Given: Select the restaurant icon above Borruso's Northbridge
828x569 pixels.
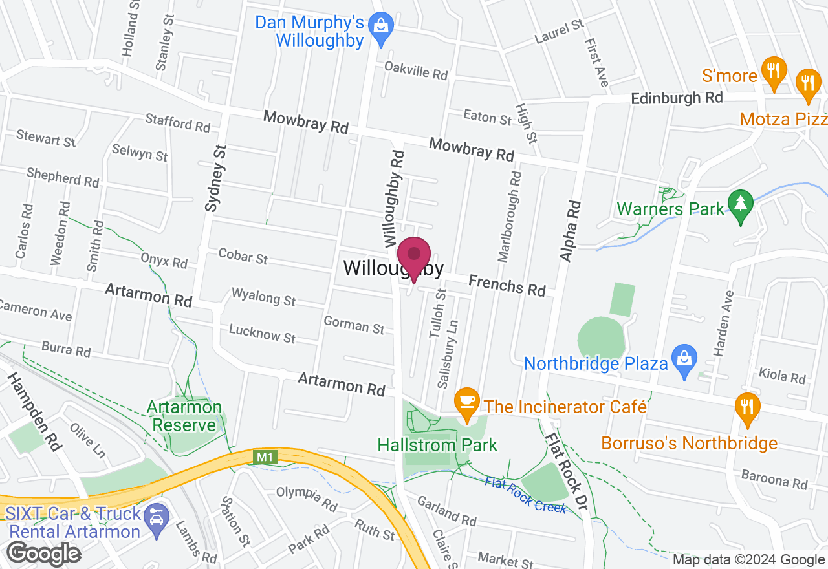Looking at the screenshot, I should [747, 407].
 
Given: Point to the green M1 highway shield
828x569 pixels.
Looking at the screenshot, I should [264, 457].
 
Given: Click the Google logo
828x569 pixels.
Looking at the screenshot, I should [44, 553].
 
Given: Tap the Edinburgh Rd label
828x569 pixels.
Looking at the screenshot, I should [677, 98].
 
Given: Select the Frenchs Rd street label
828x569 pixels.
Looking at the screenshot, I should [507, 284].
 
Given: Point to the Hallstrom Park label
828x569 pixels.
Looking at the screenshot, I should [437, 445].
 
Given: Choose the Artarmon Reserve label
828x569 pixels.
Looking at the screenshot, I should [184, 416].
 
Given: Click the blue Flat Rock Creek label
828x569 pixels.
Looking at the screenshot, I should [526, 495].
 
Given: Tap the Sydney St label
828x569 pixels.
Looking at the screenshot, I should [216, 178].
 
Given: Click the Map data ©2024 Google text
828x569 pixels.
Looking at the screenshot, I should [748, 560].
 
